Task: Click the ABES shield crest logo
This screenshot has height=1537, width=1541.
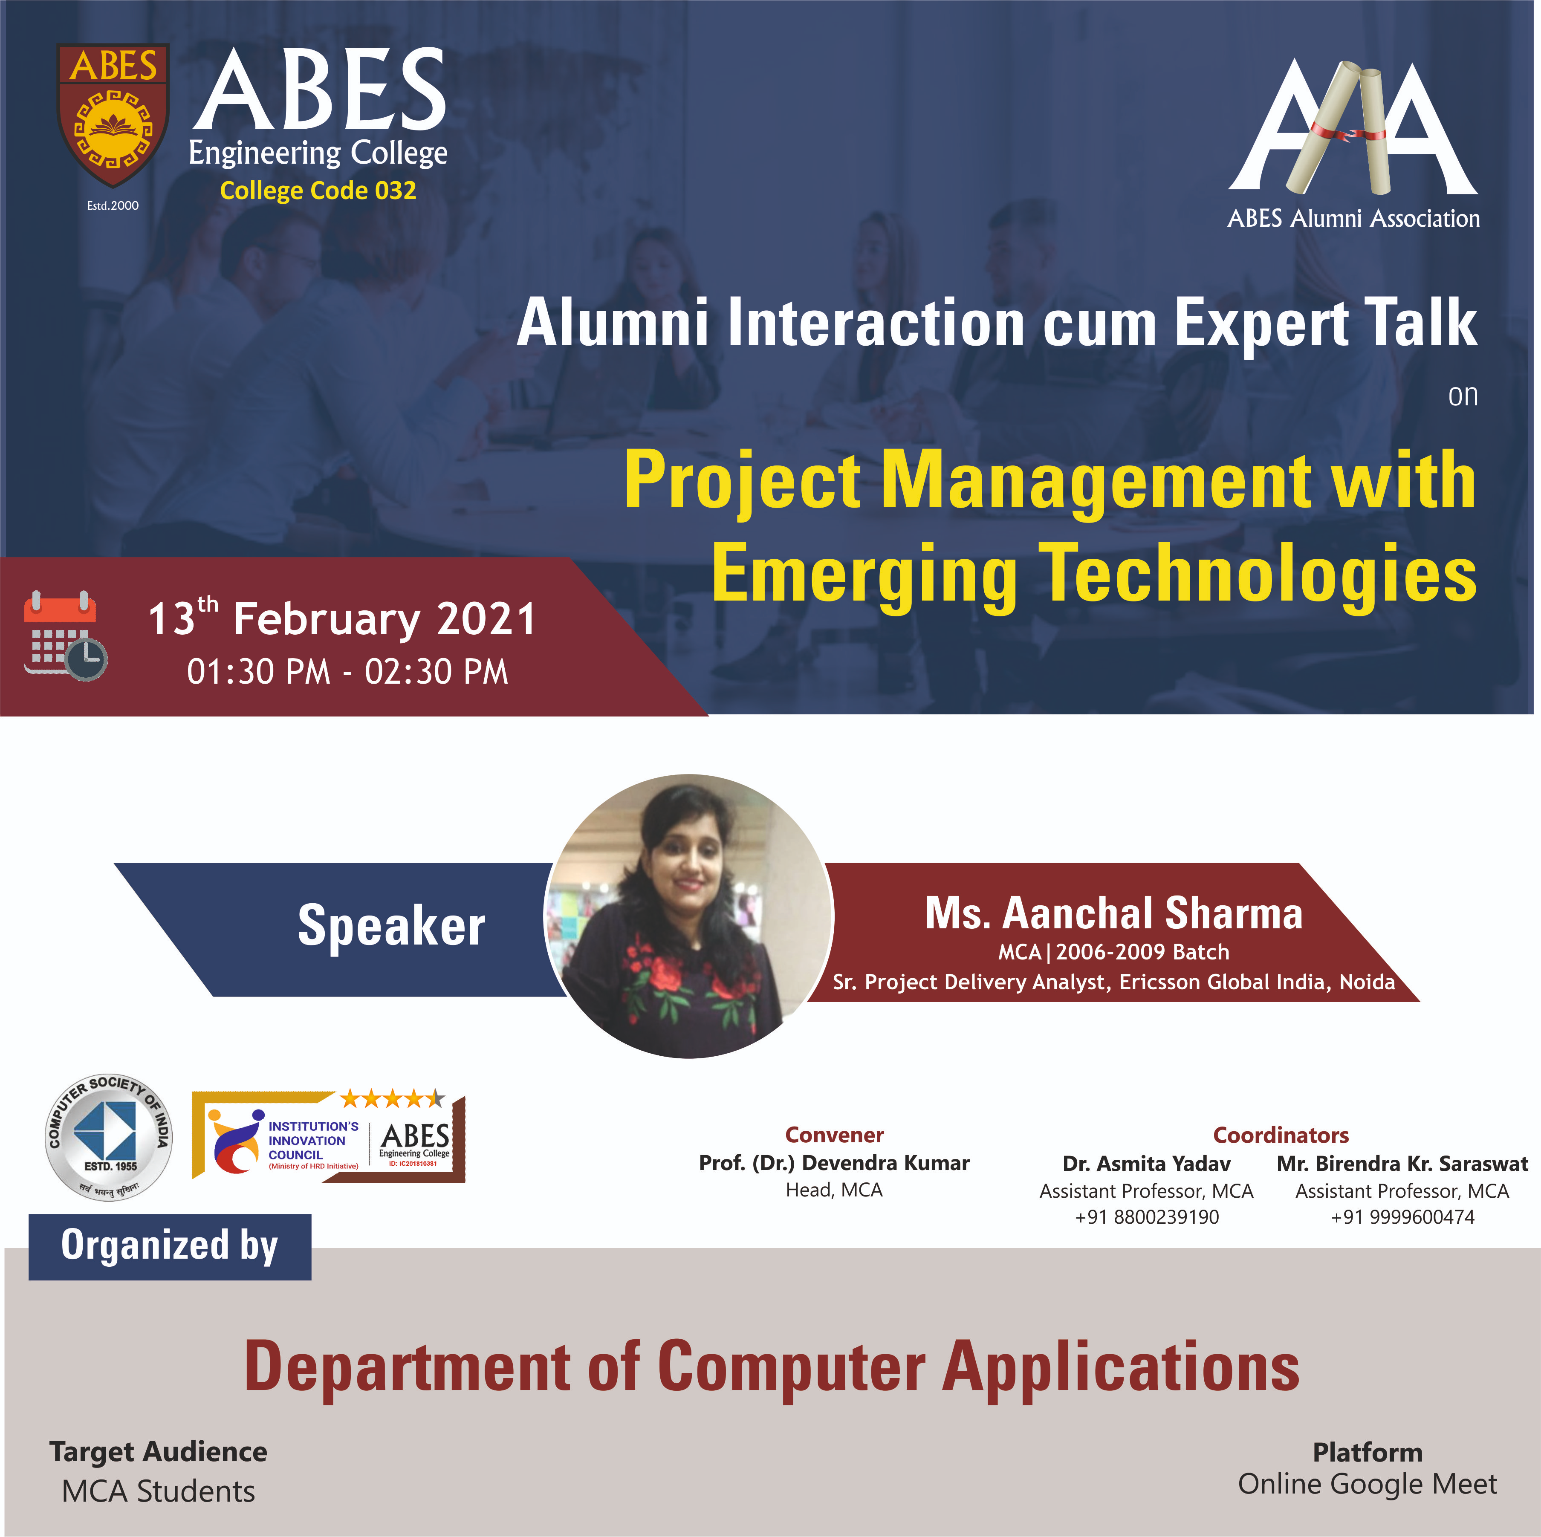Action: point(113,114)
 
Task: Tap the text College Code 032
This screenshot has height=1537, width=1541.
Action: point(318,191)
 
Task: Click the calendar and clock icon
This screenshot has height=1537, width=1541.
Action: point(65,636)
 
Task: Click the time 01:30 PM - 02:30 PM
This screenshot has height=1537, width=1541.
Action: point(347,672)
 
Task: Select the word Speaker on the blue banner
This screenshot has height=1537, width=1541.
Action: point(392,926)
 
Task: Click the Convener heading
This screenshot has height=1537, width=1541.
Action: point(834,1135)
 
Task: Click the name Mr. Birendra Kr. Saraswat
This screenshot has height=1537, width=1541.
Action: point(1402,1164)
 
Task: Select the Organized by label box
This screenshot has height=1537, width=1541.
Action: point(170,1247)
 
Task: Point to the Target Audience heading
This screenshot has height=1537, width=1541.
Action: point(158,1452)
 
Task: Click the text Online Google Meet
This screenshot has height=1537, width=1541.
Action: point(1367,1484)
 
